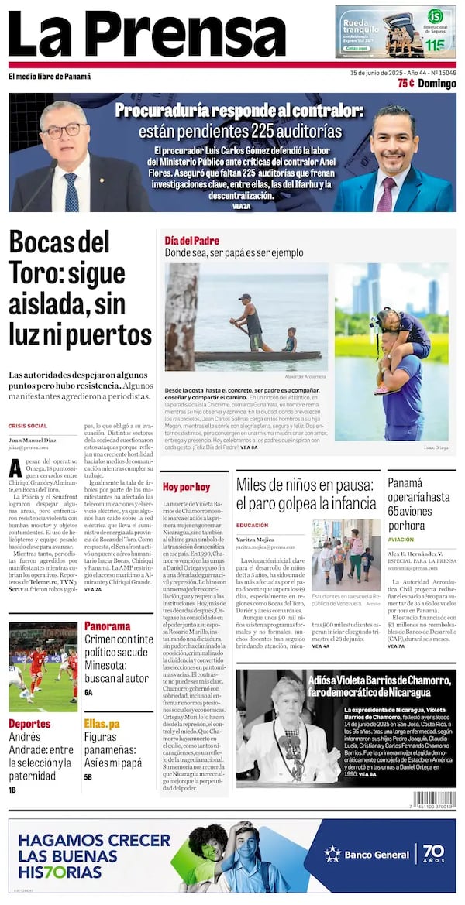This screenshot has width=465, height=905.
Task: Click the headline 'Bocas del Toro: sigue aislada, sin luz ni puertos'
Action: [81, 288]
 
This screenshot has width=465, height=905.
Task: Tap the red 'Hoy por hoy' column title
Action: [186, 487]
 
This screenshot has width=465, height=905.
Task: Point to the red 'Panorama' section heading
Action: [107, 626]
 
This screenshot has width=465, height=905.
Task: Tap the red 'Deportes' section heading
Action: [29, 724]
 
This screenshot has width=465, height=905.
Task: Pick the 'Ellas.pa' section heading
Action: [102, 724]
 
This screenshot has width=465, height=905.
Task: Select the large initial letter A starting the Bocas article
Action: [15, 468]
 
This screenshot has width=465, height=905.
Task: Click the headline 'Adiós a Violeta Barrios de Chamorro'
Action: [380, 686]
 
